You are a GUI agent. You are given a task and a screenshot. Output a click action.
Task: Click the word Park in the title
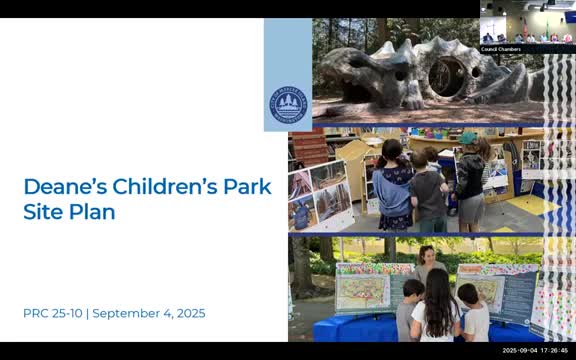(x=245, y=187)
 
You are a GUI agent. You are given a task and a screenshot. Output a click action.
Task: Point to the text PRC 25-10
(x=52, y=313)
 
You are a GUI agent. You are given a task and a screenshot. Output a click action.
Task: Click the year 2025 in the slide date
(x=186, y=313)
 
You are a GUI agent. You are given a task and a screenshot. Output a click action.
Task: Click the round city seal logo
(x=287, y=103)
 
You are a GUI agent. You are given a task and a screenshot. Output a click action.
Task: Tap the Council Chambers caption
(x=500, y=48)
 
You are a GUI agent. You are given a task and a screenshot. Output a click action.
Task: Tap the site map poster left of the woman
(x=362, y=291)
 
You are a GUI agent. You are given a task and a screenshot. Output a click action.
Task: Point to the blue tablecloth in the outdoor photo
(x=350, y=330)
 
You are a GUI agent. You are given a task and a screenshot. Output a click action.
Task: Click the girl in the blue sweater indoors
(x=393, y=185)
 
